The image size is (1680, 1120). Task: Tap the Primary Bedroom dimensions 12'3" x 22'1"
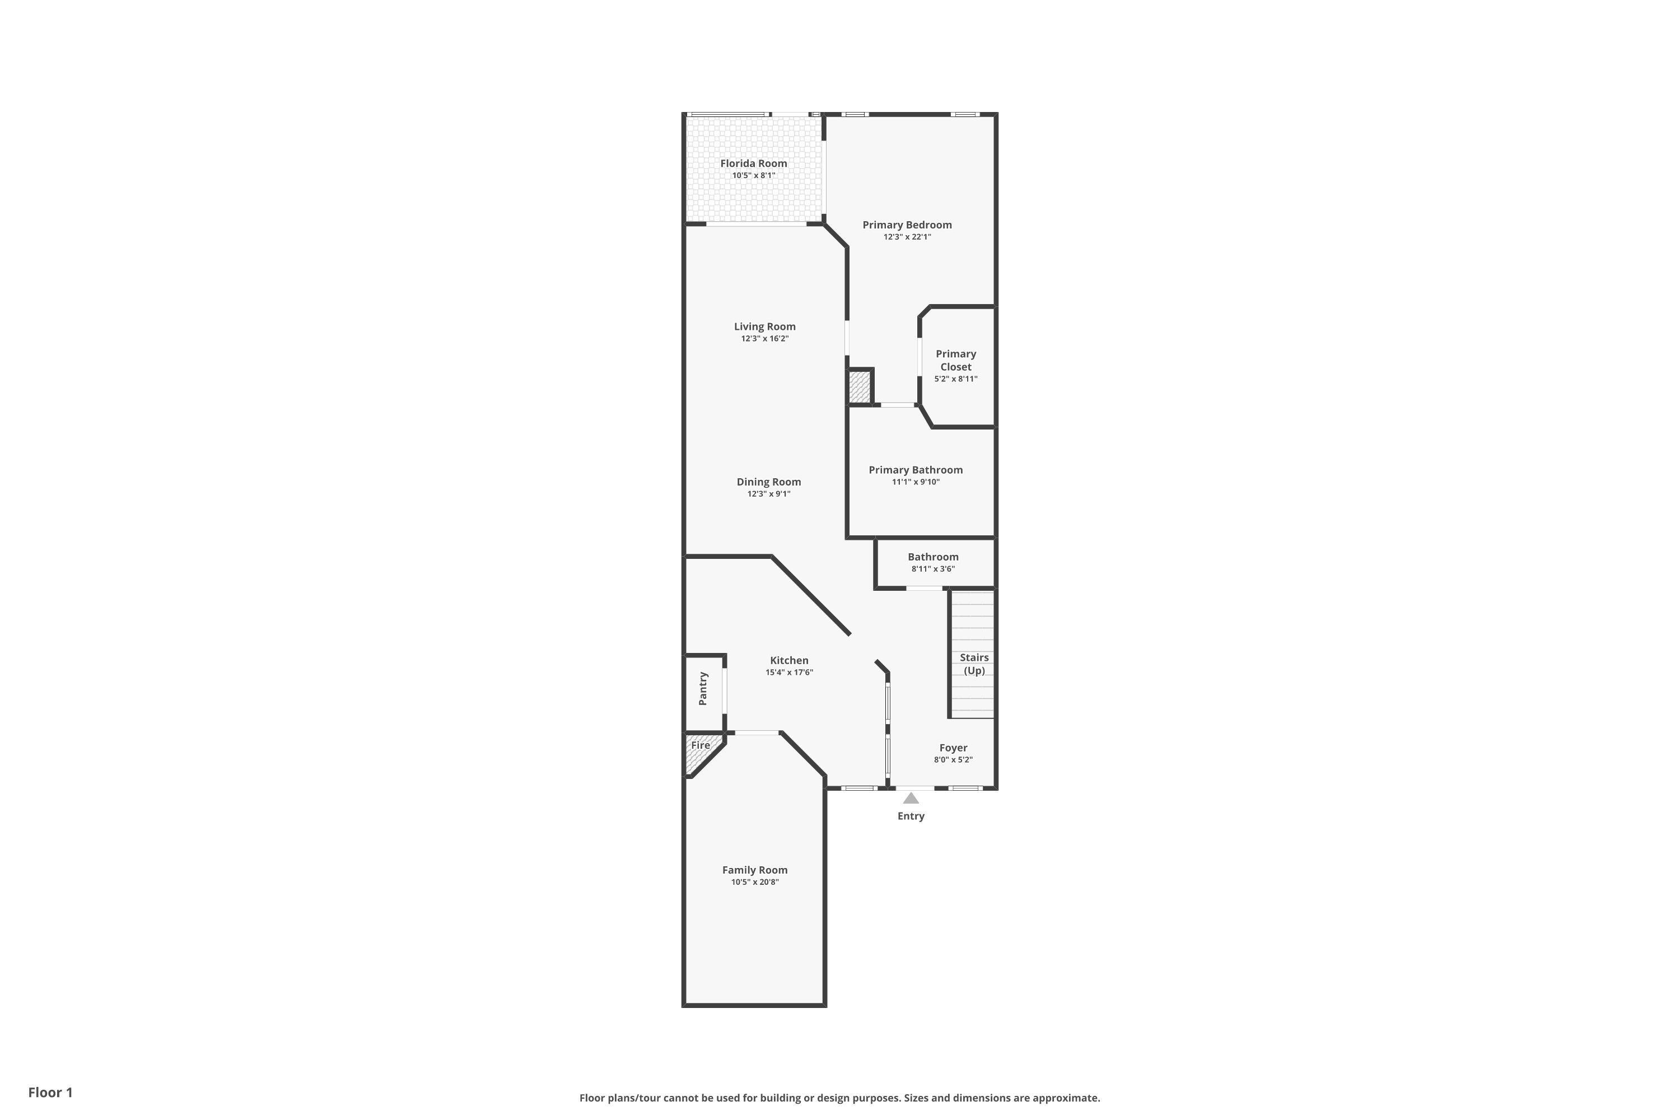(907, 237)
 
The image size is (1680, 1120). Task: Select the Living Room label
(764, 326)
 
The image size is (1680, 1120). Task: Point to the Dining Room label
(768, 482)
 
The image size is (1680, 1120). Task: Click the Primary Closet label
(956, 360)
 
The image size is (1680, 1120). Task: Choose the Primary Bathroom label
(915, 470)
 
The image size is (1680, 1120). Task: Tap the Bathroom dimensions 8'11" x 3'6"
(933, 570)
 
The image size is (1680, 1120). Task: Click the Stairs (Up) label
(974, 664)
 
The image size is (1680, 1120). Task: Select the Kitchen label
(788, 661)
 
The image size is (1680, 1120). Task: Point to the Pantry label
(703, 689)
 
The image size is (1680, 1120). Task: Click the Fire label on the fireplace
(700, 745)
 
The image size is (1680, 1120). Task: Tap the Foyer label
(953, 748)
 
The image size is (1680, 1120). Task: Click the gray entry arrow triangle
(911, 798)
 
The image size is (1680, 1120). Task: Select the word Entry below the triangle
(911, 816)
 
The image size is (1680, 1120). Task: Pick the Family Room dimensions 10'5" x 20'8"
(754, 882)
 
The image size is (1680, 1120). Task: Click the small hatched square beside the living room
(859, 387)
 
